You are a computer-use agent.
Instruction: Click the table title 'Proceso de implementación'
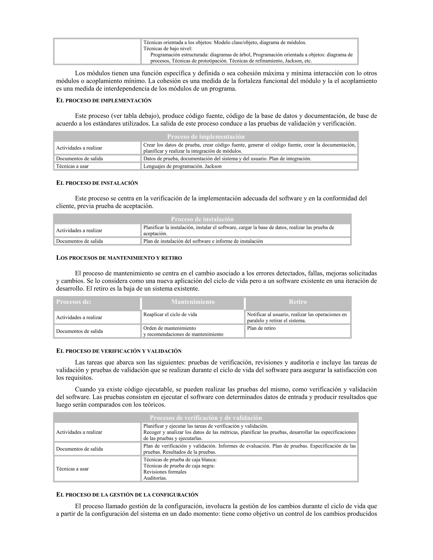tap(206, 137)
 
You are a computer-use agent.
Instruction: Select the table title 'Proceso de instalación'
tap(202, 219)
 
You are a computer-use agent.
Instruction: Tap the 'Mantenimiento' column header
tap(193, 302)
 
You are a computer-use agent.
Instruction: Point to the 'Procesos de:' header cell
tap(74, 302)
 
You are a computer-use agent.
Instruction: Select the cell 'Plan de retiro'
tap(261, 328)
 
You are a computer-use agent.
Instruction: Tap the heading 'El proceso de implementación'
tap(104, 101)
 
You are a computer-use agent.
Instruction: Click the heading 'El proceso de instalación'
tap(97, 183)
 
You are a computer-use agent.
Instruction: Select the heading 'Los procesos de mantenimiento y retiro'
tap(119, 258)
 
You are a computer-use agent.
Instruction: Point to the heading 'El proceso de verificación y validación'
tap(119, 351)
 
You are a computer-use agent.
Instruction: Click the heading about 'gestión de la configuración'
tap(127, 495)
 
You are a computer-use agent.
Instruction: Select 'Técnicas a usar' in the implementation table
tap(72, 166)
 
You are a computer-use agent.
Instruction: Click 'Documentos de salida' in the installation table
tap(79, 241)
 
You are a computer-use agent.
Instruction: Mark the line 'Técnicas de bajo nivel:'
tap(167, 48)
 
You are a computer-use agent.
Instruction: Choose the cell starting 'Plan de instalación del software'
tap(203, 241)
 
